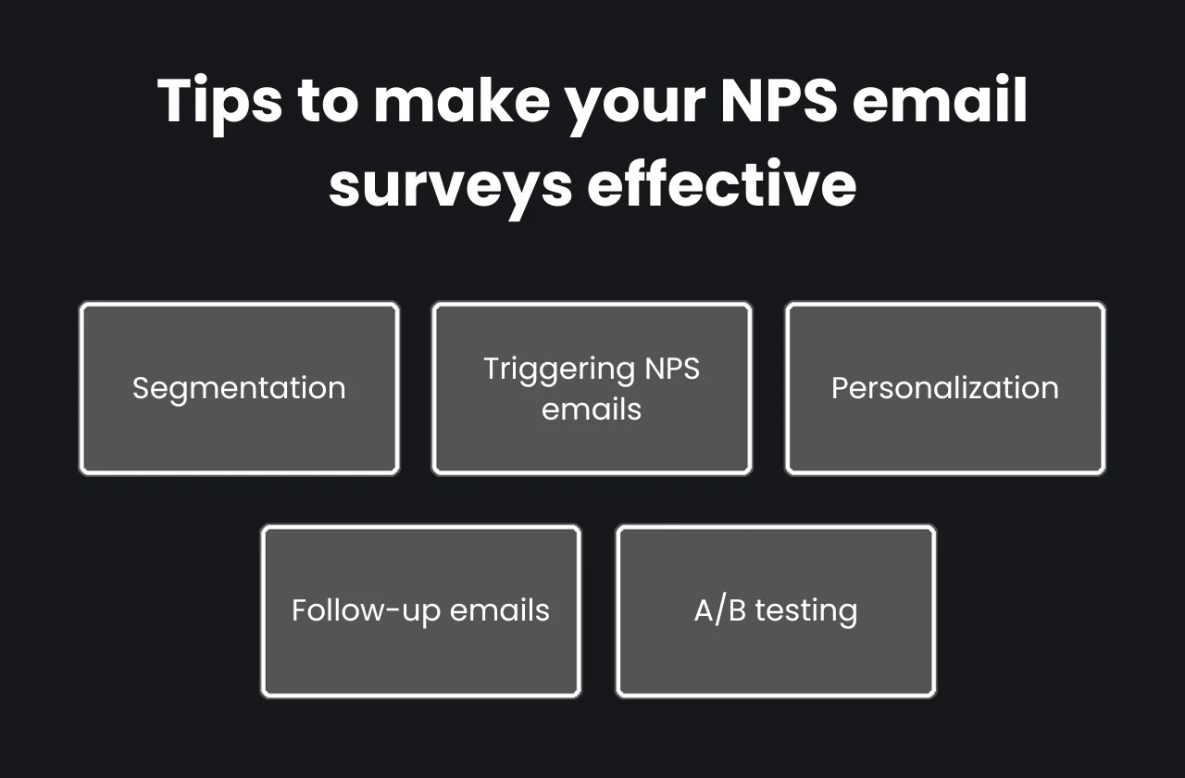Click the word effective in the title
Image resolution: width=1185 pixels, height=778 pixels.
click(x=721, y=183)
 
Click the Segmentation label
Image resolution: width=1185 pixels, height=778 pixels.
click(x=239, y=388)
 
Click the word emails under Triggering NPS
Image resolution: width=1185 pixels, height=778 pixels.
click(x=592, y=408)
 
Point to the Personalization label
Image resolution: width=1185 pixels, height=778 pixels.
click(x=944, y=387)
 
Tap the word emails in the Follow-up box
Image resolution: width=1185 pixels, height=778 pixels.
click(x=499, y=610)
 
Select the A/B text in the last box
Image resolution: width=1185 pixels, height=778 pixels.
click(x=720, y=610)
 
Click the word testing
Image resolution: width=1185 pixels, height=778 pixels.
click(x=805, y=611)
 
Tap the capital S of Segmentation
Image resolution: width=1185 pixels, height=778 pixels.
click(x=141, y=388)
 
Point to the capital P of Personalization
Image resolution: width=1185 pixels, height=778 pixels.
click(x=840, y=387)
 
